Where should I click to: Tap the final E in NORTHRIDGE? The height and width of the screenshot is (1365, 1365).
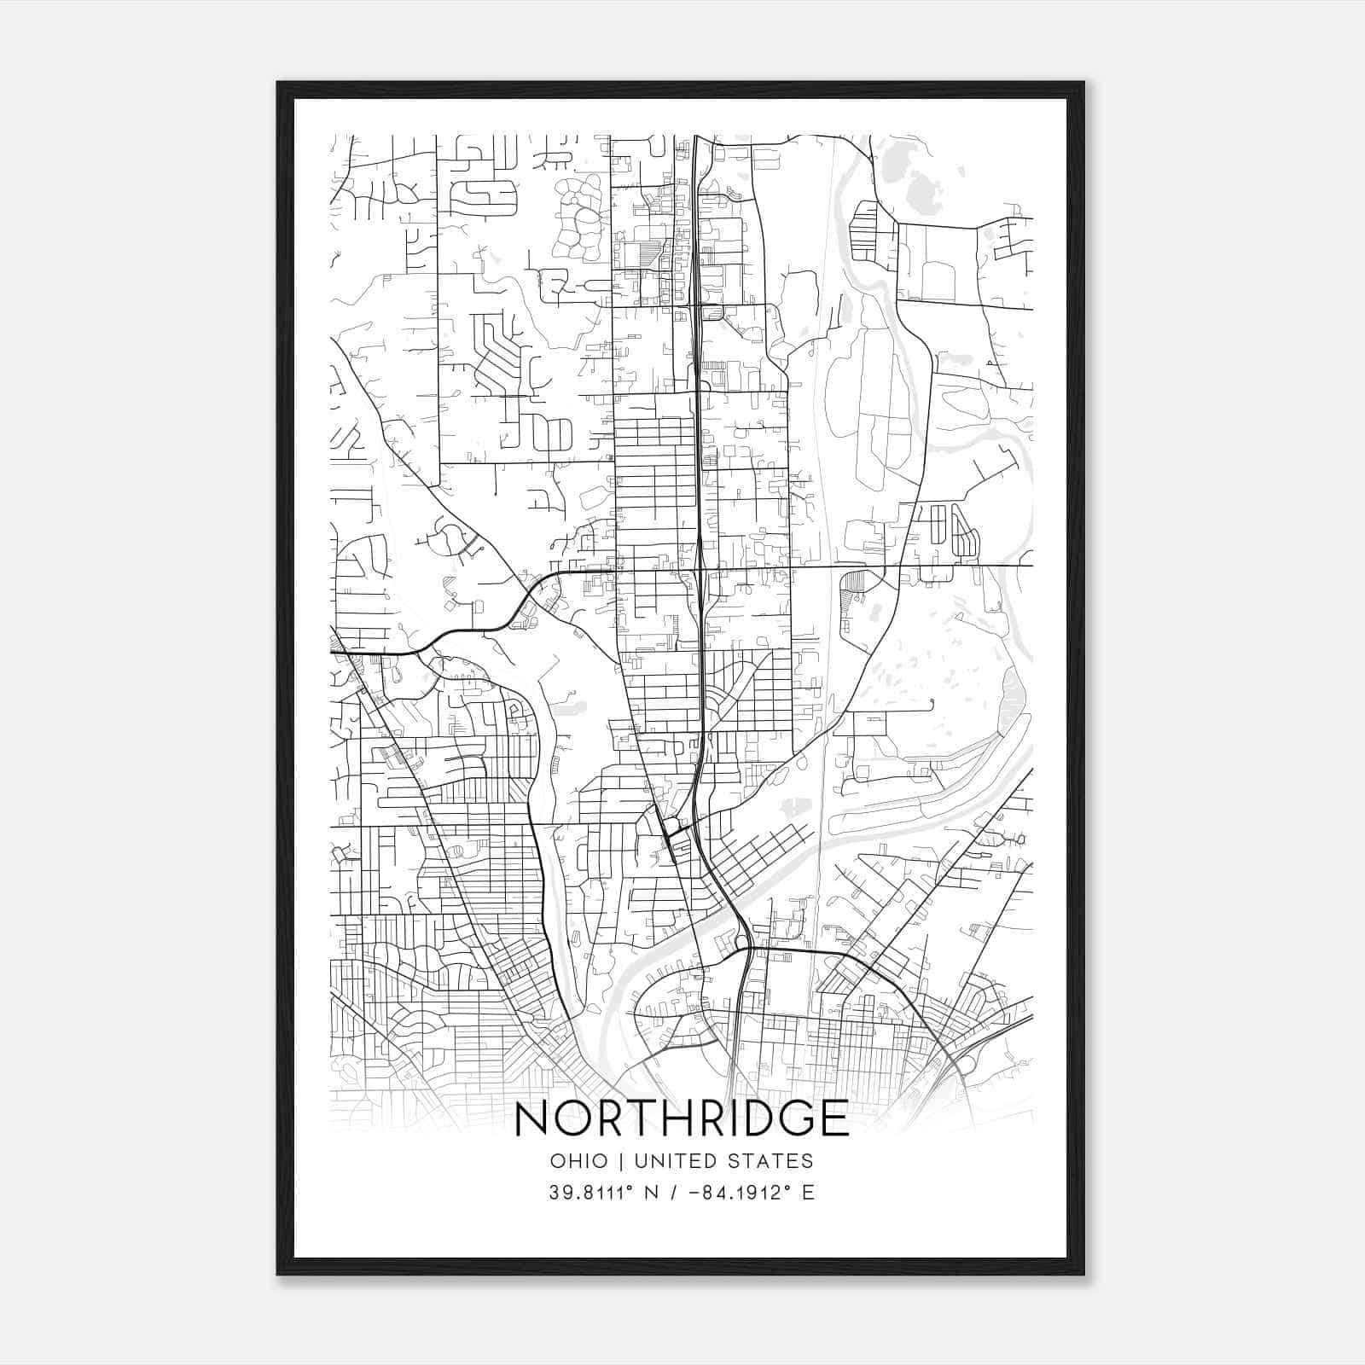(838, 1119)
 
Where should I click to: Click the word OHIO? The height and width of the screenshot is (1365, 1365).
(579, 1161)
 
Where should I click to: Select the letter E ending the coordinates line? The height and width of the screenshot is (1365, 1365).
(809, 1192)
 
